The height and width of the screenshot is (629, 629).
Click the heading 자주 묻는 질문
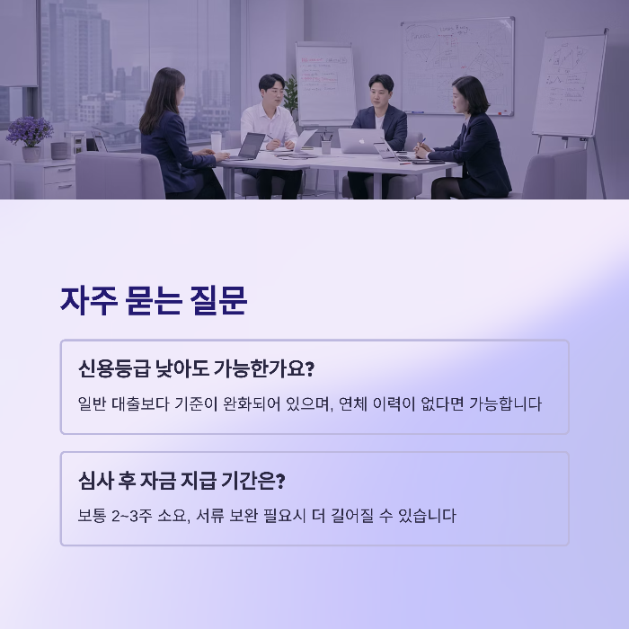tap(154, 301)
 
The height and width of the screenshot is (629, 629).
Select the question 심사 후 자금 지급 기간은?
tap(182, 481)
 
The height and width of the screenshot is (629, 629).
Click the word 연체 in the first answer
tap(356, 403)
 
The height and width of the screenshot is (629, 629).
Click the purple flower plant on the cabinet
tap(30, 133)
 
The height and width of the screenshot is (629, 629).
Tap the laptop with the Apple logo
tap(359, 141)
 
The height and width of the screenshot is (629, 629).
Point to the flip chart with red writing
tap(325, 83)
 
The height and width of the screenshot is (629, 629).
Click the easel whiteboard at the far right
tap(569, 85)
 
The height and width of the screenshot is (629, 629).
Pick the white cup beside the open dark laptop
tap(216, 143)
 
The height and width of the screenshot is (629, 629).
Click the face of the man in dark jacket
tap(379, 92)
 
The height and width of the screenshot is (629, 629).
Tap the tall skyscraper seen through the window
tap(76, 54)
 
